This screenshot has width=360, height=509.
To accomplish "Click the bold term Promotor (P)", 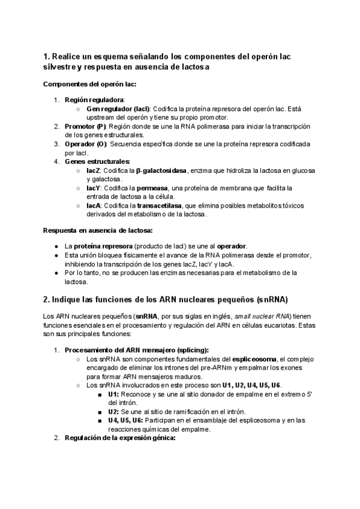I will click(85, 127).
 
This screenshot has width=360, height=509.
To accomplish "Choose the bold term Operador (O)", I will click(86, 144).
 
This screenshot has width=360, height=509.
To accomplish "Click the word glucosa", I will click(303, 170).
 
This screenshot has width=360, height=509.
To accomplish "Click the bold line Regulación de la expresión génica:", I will click(120, 438).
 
